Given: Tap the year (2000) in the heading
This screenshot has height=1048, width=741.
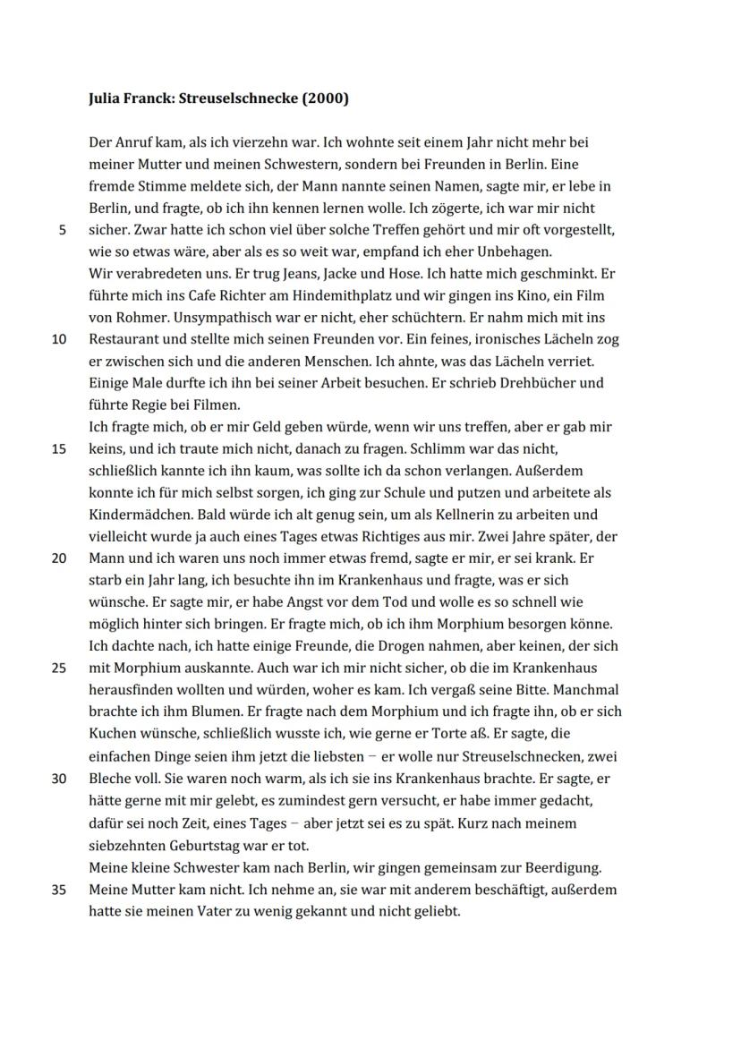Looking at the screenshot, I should (x=326, y=98).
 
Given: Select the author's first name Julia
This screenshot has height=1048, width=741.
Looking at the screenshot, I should (x=106, y=98).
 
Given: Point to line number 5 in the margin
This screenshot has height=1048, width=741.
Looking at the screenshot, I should (x=62, y=230).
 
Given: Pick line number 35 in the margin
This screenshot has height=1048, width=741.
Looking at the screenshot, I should (x=59, y=890).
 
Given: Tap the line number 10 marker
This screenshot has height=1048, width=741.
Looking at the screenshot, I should (x=59, y=339).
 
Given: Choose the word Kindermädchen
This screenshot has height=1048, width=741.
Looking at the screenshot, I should (x=134, y=515).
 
